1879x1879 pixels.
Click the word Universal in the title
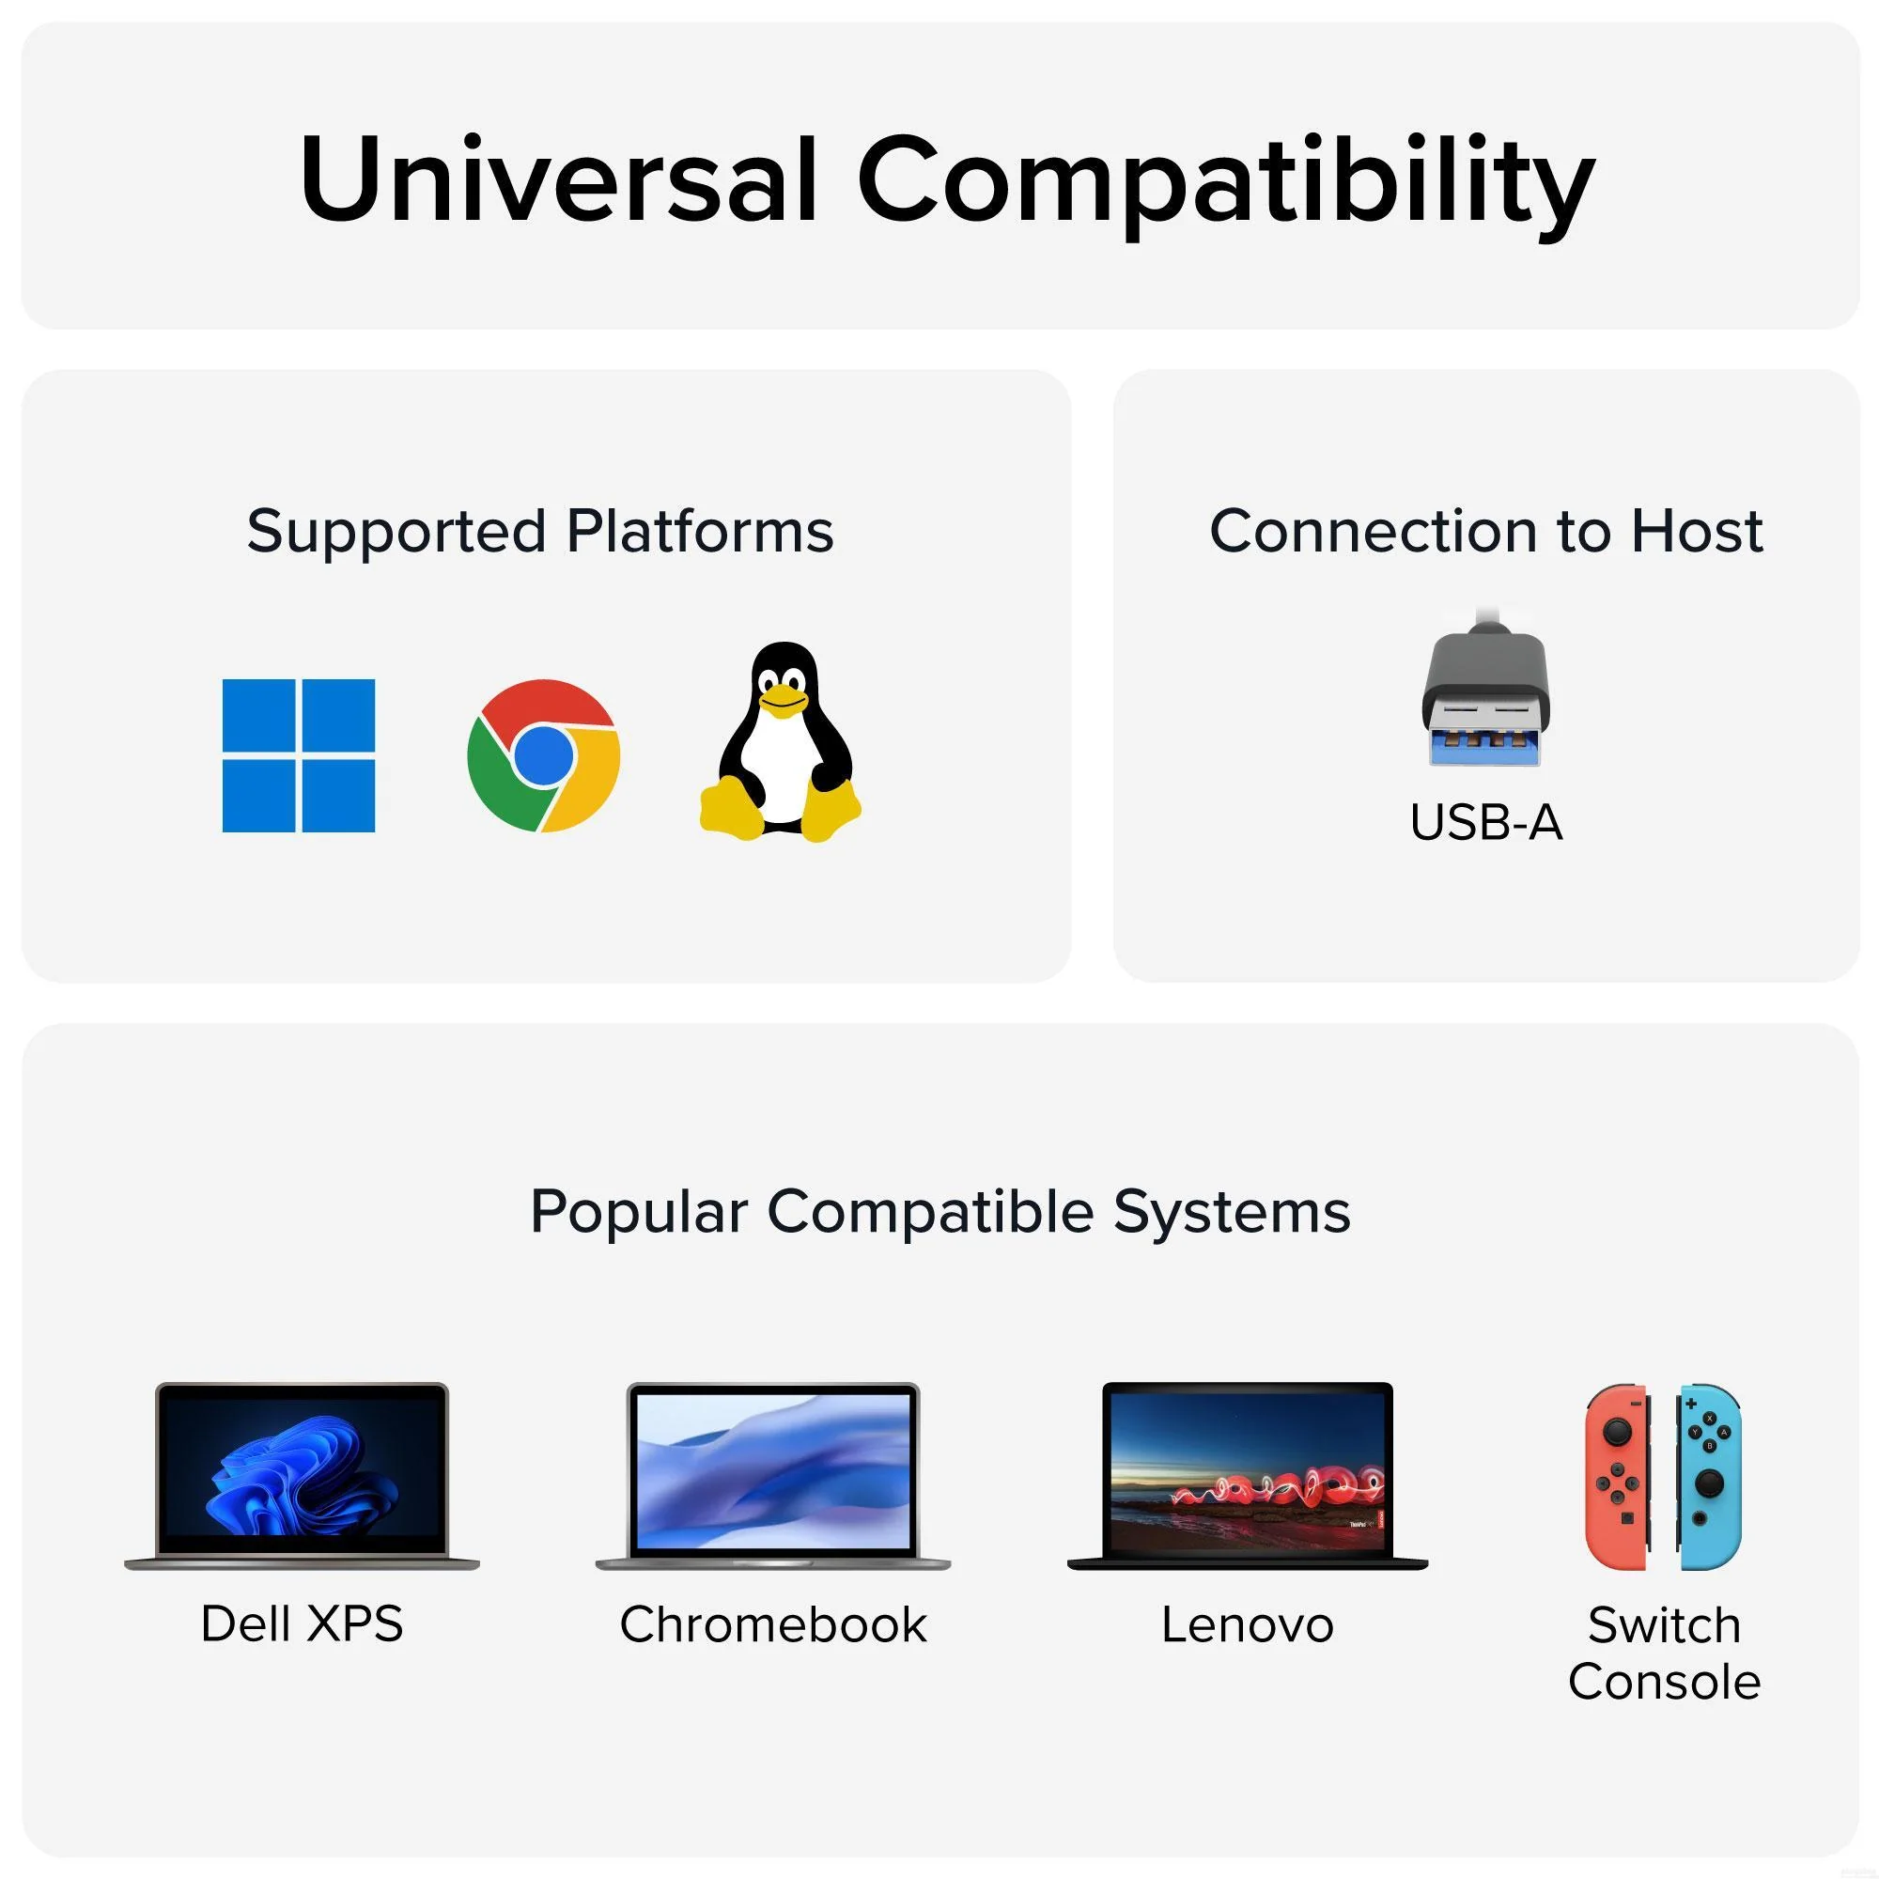(559, 180)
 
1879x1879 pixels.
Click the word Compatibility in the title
(1225, 185)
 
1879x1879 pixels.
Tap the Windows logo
(299, 755)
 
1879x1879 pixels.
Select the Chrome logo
(544, 755)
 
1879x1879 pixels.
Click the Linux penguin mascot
(781, 741)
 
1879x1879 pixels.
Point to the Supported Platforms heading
(541, 531)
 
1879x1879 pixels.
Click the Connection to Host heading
(1486, 531)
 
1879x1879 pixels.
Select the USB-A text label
(1486, 823)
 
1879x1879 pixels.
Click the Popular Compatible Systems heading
(940, 1213)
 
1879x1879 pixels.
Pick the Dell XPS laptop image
(302, 1475)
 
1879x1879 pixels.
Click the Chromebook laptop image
(773, 1475)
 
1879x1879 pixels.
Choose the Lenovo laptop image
(1248, 1475)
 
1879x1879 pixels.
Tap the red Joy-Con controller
(1616, 1476)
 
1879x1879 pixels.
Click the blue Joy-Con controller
(1709, 1476)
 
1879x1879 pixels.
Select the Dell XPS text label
(302, 1624)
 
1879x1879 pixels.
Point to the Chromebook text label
(773, 1625)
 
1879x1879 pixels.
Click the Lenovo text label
(1248, 1625)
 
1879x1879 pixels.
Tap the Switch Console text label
(1664, 1654)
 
